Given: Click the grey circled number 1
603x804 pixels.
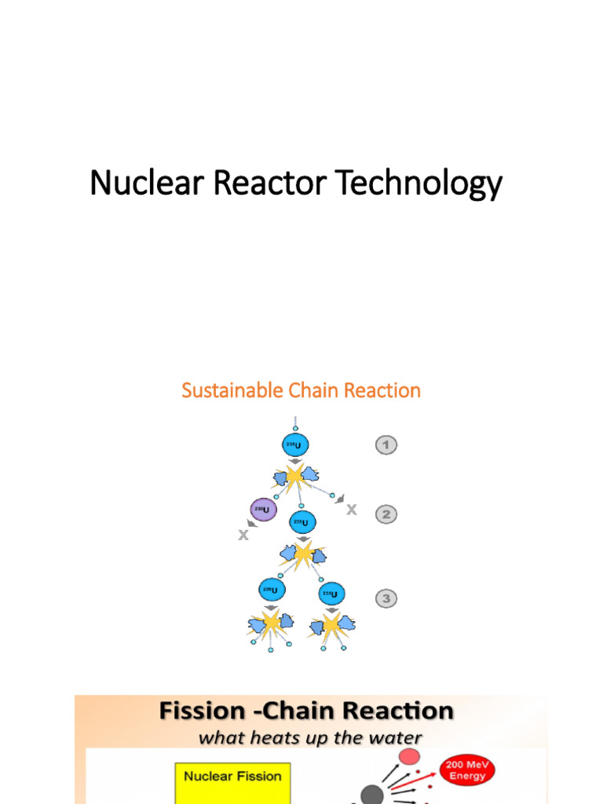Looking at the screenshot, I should coord(385,445).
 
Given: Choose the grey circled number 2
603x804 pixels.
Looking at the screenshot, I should coord(385,514).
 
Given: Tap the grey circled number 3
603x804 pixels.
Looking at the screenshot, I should coord(385,599).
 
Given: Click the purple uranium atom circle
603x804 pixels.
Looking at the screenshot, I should coord(262,510).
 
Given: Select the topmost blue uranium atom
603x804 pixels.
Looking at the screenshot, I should coord(295,445).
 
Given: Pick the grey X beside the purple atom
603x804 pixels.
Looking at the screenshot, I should coord(243,535).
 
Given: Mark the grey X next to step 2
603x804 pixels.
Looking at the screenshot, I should coord(351,510).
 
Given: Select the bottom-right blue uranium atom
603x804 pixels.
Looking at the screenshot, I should coord(331,594).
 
